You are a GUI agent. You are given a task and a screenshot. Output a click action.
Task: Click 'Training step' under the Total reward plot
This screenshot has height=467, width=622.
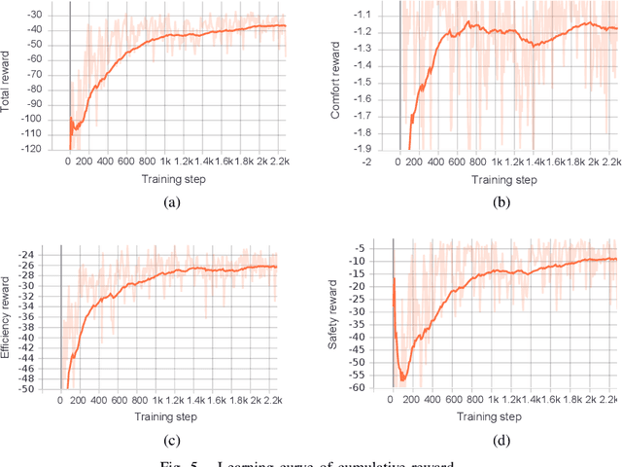pos(173,180)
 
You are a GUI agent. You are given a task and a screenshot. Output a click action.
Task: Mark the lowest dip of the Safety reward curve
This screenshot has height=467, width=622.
pos(403,379)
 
